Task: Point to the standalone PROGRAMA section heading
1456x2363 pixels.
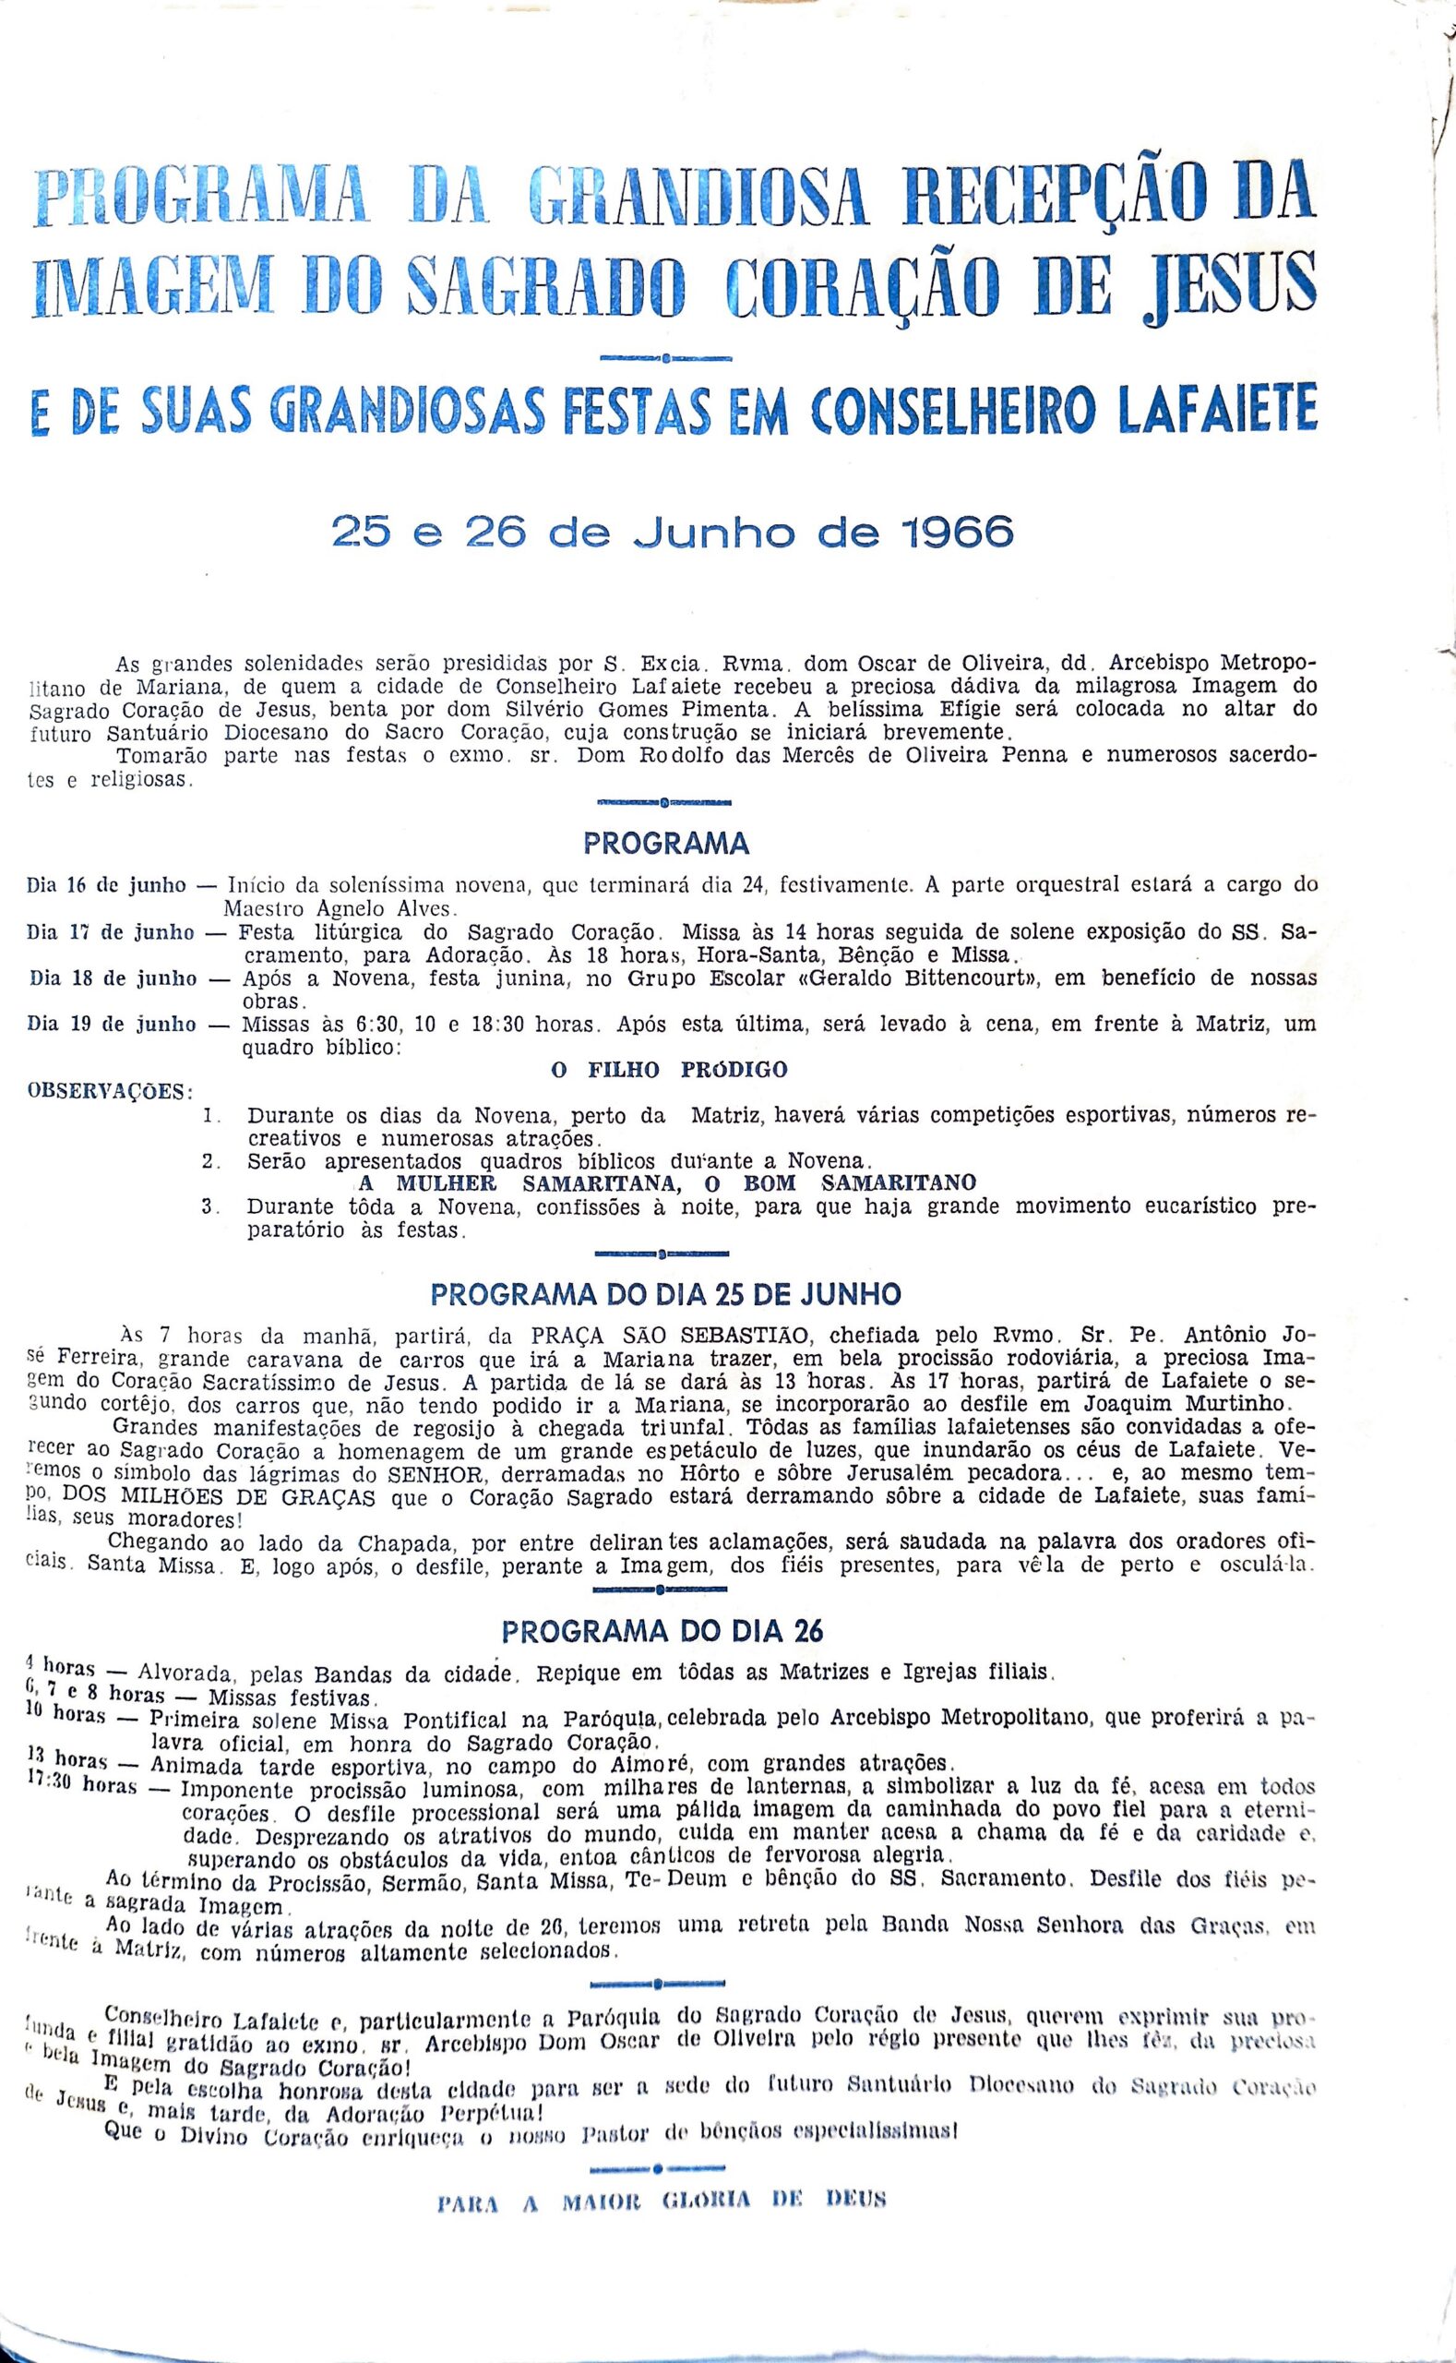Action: click(x=665, y=844)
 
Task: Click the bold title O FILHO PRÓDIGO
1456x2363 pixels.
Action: click(x=668, y=1068)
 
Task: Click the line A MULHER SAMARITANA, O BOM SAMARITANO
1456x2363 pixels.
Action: click(x=666, y=1182)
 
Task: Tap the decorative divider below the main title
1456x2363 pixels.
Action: click(x=665, y=358)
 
